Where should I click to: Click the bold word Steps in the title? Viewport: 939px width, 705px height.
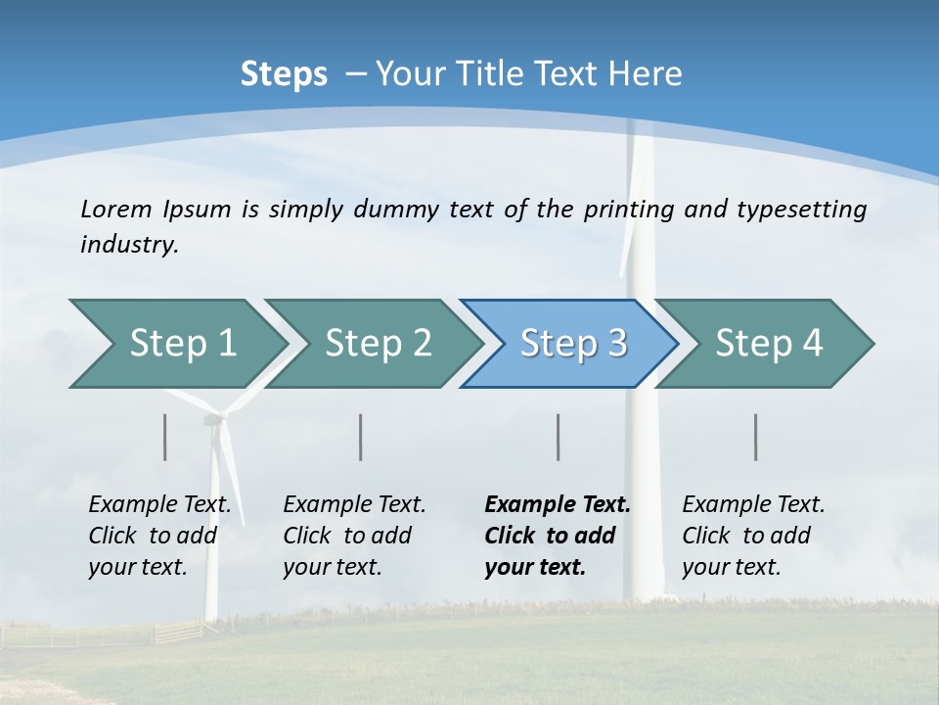pyautogui.click(x=284, y=74)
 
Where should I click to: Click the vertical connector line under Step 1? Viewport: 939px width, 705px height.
pyautogui.click(x=165, y=437)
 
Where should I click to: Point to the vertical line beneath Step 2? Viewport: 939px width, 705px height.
pyautogui.click(x=361, y=437)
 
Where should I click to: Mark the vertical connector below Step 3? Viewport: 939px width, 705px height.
pyautogui.click(x=558, y=437)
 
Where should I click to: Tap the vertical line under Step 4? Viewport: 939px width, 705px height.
pyautogui.click(x=755, y=437)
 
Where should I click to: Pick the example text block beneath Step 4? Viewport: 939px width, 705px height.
pyautogui.click(x=753, y=536)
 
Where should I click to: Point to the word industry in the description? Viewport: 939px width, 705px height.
pyautogui.click(x=129, y=245)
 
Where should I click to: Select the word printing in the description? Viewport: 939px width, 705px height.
pyautogui.click(x=627, y=210)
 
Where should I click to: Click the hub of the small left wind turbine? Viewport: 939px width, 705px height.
pyautogui.click(x=213, y=421)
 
